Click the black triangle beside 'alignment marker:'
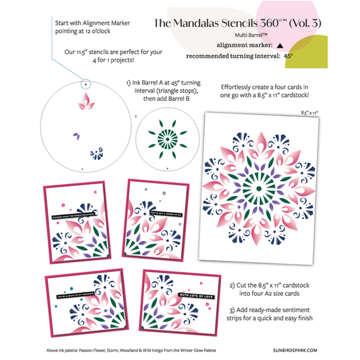[279, 45]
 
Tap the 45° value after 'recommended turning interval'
[289, 56]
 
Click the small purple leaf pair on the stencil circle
[77, 136]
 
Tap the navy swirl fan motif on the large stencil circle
[95, 153]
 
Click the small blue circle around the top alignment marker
[85, 83]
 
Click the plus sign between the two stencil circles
[136, 117]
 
